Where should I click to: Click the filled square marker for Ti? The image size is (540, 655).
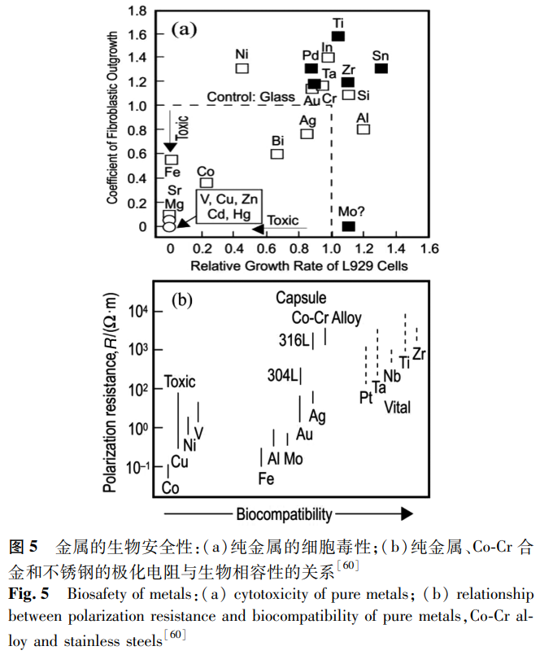pos(338,37)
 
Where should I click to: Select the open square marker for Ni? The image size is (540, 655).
pos(242,68)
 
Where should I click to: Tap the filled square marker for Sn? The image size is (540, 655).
pos(381,68)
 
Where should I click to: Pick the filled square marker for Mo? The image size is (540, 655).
pos(348,226)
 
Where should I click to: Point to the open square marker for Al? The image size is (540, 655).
pos(364,129)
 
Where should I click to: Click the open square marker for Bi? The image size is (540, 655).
pos(277,153)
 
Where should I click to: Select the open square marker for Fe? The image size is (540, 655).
pos(172,159)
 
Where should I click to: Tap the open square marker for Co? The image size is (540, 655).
pos(207,183)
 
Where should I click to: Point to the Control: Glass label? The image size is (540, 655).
pos(250,97)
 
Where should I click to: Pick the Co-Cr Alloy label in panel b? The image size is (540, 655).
pos(326,318)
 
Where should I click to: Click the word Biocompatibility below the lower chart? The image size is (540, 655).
pos(284,514)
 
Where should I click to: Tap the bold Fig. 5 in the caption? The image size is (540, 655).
pos(29,593)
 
